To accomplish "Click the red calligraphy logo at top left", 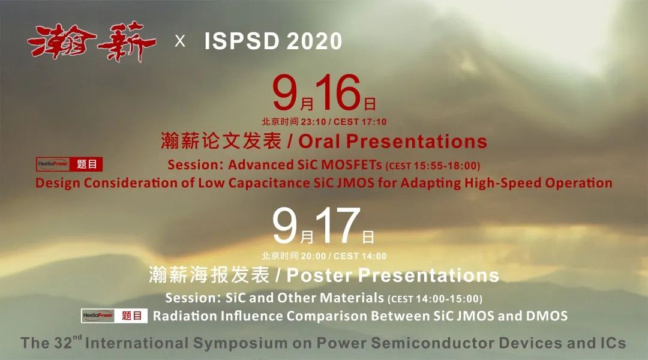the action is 92,42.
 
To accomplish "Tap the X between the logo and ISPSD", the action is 180,41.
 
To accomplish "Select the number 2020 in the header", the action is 314,41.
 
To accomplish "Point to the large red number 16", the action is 338,92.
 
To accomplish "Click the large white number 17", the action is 338,226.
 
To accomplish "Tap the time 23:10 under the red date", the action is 313,122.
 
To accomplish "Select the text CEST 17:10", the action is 360,122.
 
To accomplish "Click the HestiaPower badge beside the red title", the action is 52,164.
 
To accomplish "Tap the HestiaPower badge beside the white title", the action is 98,316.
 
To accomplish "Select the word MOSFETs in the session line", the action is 351,164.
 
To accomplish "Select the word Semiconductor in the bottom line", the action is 432,343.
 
